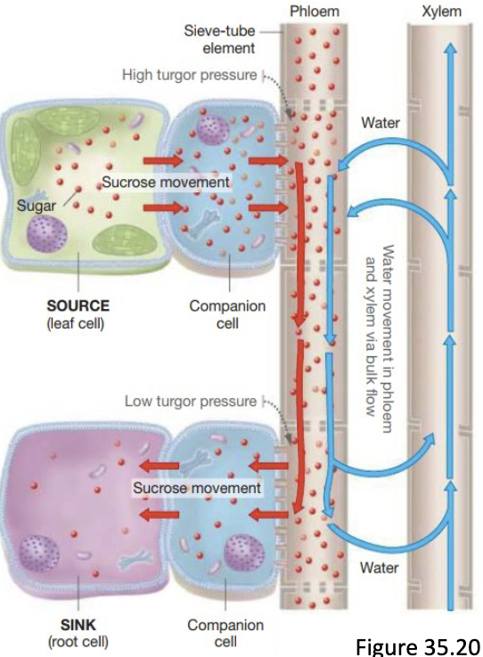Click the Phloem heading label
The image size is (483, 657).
click(315, 11)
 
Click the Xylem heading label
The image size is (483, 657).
click(442, 12)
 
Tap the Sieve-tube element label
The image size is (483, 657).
click(219, 39)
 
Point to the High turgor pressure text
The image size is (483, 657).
click(190, 75)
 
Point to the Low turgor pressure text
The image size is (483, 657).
click(191, 401)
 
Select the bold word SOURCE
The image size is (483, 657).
click(78, 305)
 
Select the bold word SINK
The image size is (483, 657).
click(78, 625)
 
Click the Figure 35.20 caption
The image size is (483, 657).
click(418, 645)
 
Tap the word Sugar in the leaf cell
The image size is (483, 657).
click(37, 206)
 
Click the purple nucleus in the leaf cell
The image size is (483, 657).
click(47, 233)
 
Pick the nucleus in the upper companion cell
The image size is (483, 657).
click(213, 130)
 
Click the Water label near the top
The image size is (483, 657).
click(381, 123)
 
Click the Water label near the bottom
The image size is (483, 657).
click(379, 568)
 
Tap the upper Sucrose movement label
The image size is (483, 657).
click(166, 182)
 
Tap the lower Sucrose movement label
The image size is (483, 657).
click(197, 488)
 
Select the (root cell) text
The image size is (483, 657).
click(78, 642)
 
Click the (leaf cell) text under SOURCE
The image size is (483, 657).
click(76, 323)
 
